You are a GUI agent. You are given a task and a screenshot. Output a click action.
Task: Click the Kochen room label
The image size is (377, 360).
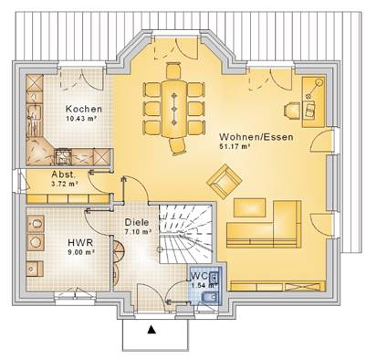pos(84,109)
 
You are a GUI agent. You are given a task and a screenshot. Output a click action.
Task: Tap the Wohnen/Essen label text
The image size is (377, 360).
pos(257,137)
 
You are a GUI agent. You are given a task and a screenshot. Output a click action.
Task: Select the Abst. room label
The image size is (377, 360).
pos(63,175)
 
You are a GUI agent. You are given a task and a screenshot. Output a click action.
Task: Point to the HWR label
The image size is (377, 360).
pos(80,243)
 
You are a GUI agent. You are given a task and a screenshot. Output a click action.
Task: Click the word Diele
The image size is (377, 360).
pos(137,222)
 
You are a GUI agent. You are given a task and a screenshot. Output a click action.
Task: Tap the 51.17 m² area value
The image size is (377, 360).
pos(235,146)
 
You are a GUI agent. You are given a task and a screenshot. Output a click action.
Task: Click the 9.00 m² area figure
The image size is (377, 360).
pos(81,252)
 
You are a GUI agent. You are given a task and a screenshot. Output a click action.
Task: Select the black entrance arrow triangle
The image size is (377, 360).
pos(152,330)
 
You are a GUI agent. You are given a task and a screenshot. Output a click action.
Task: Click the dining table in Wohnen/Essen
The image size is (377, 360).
pos(174,109)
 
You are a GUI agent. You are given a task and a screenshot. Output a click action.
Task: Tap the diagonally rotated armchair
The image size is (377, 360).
pos(225,182)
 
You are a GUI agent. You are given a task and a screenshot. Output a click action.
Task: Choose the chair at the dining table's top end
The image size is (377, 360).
pos(173,70)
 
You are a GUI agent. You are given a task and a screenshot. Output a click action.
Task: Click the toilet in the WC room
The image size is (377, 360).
pos(210,296)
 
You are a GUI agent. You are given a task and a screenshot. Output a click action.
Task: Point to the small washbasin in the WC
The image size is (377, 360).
pos(215,277)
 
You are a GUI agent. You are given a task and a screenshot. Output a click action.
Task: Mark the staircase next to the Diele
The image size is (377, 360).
pos(185,233)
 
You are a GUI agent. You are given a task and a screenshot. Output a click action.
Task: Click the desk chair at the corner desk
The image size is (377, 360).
pos(293,110)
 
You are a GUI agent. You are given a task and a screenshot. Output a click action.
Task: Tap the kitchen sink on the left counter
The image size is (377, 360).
pos(34,112)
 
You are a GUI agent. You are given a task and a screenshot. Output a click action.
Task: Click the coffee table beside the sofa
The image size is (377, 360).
pos(250,207)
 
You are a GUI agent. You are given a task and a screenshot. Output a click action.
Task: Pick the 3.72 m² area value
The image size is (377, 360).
pos(63,184)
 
